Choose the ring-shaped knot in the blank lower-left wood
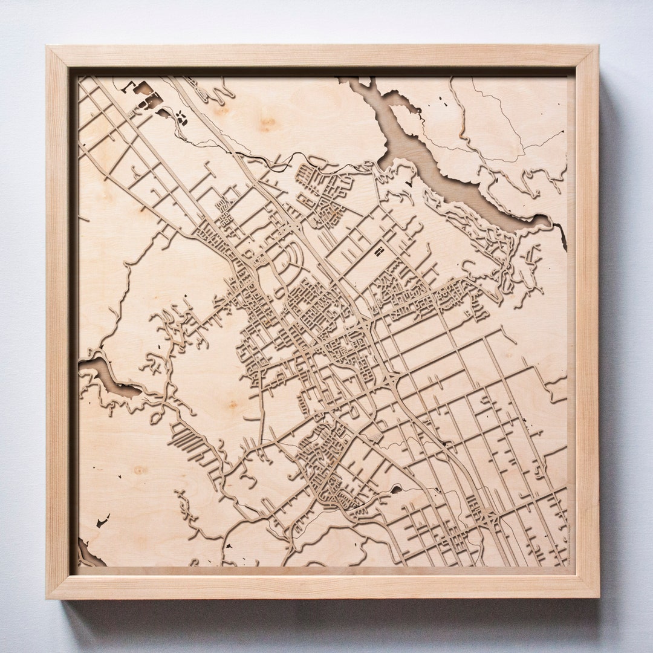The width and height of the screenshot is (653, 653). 140,469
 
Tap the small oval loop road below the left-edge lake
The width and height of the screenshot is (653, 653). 156,417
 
